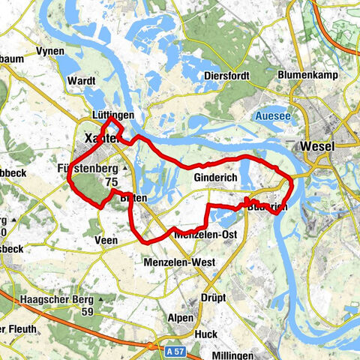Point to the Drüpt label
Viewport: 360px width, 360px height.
pyautogui.click(x=214, y=297)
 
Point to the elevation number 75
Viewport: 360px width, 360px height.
pyautogui.click(x=112, y=181)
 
